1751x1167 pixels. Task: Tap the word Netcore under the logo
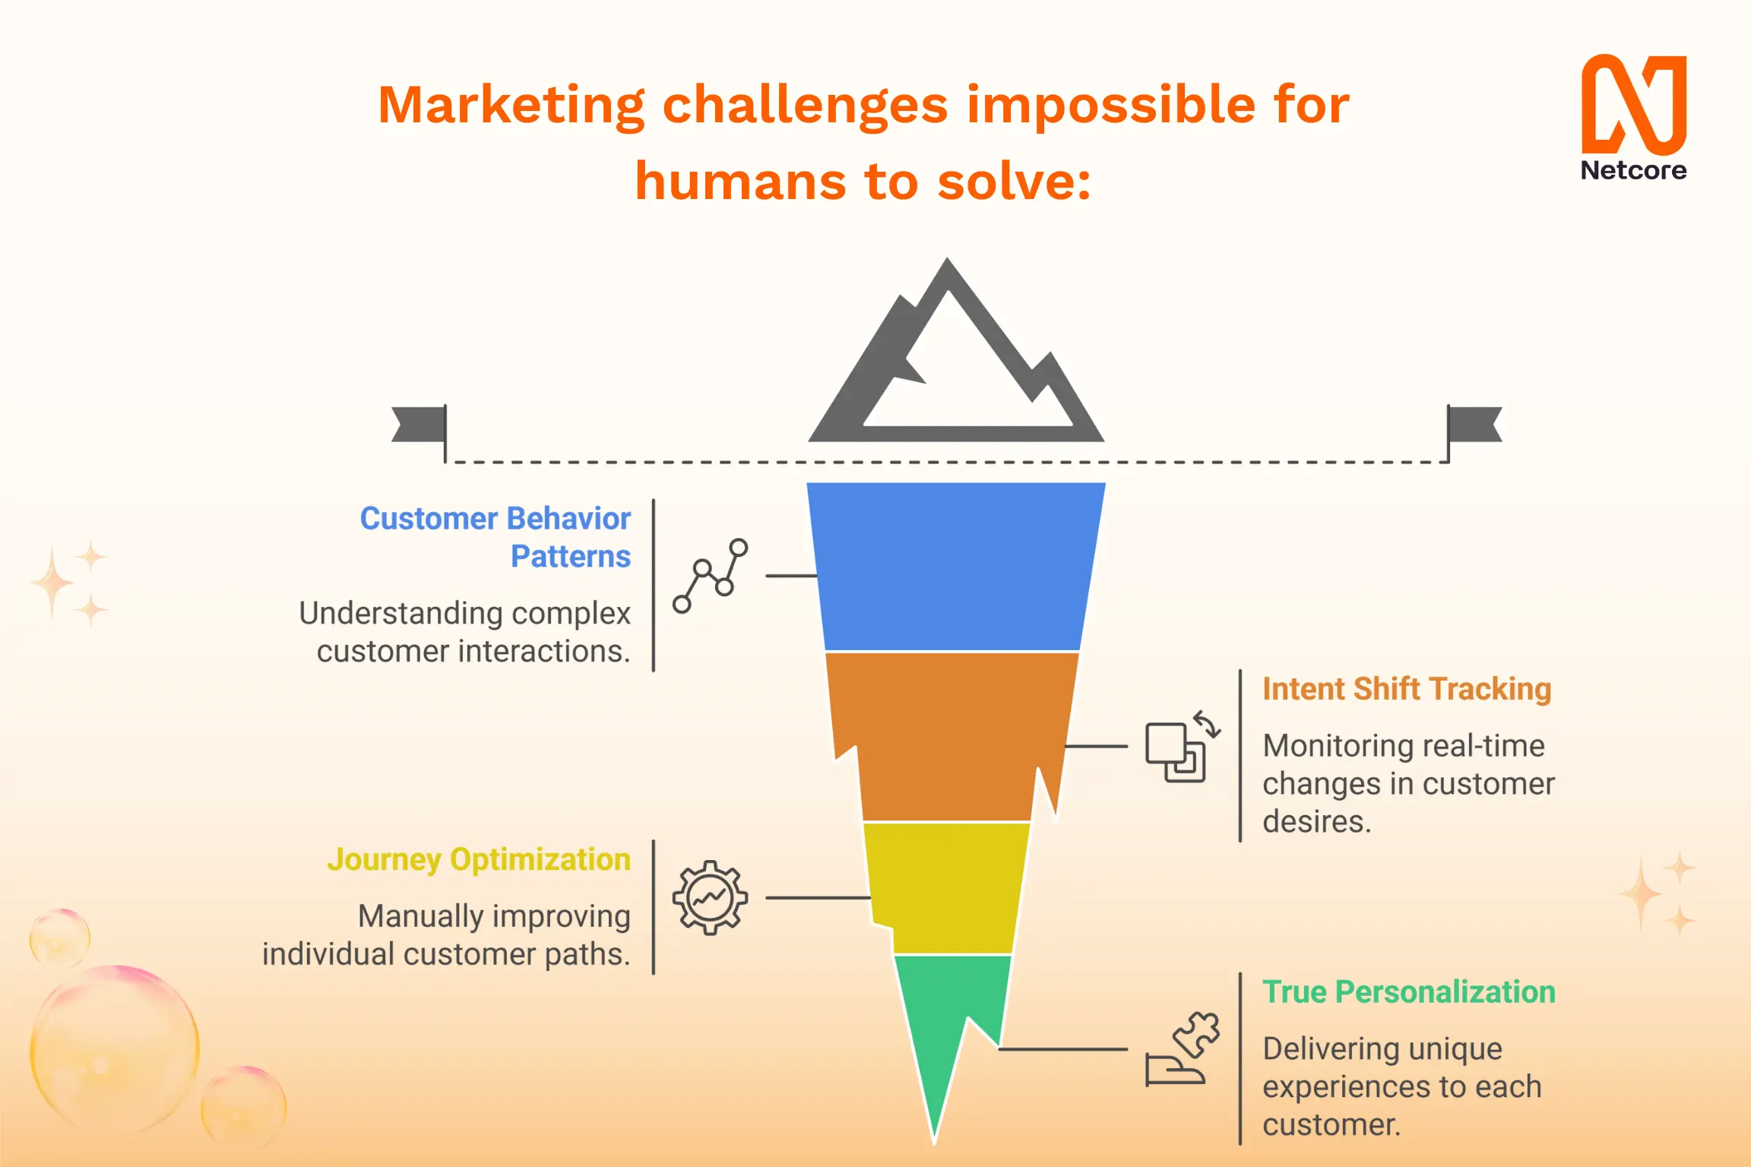tap(1634, 170)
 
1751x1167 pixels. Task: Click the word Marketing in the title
tap(511, 105)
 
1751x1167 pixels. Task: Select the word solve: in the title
tap(1014, 182)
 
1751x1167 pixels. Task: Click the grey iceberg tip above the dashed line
tap(956, 350)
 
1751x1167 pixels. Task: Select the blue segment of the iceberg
tap(955, 566)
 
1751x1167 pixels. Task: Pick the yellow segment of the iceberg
tap(947, 887)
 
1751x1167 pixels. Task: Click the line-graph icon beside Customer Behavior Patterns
tap(711, 576)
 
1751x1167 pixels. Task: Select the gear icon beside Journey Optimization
tap(711, 897)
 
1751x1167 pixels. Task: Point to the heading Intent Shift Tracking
tap(1407, 689)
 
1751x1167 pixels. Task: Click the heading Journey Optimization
tap(479, 860)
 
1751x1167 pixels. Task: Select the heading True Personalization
tap(1409, 992)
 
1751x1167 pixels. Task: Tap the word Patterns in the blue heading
tap(571, 557)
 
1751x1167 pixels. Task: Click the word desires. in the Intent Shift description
tap(1317, 822)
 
